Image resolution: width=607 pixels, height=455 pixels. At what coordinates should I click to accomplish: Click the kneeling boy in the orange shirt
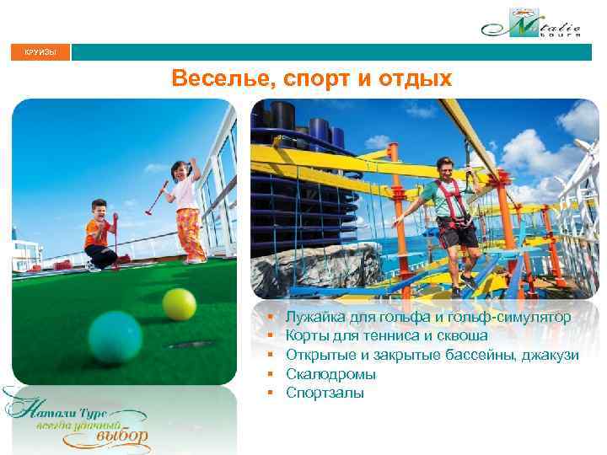103,235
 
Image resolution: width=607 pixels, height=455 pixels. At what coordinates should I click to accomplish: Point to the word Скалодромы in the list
330,373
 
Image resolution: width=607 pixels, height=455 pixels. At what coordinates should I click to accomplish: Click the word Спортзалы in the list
325,392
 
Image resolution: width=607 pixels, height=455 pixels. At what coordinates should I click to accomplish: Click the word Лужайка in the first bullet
314,318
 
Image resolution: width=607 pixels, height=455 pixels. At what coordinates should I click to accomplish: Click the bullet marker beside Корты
271,336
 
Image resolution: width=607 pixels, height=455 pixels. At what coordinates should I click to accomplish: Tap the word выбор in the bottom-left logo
122,436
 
